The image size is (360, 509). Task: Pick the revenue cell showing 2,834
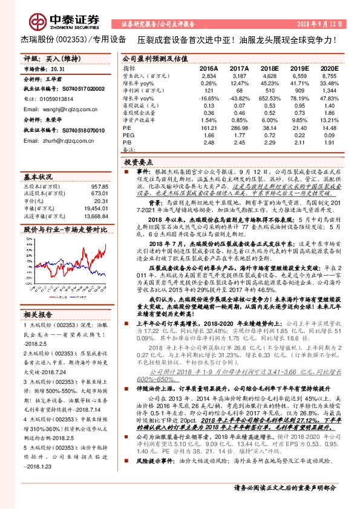click(208, 77)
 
